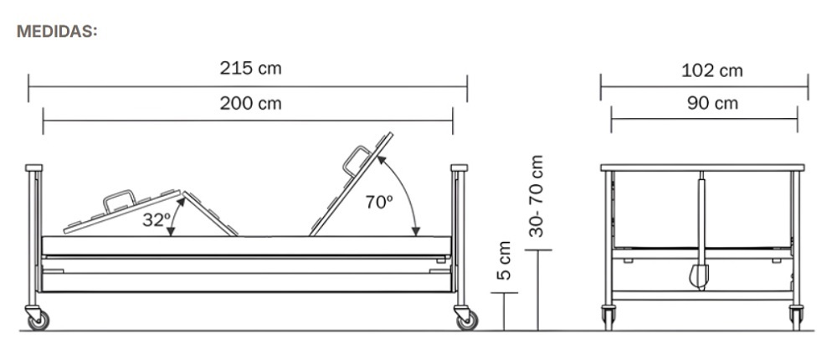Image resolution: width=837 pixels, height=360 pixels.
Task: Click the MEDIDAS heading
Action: point(57,32)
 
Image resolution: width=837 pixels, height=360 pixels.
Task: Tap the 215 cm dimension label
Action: point(250,69)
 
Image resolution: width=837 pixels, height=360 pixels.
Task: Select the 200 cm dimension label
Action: point(250,103)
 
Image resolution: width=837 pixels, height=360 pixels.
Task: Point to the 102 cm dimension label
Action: point(712,70)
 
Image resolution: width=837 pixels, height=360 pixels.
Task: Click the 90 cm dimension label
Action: point(712,103)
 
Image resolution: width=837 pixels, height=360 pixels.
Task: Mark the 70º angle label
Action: point(379,202)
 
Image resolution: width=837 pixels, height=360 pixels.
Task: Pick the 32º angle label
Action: point(156,219)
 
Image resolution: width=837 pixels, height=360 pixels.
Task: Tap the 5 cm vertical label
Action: point(504,260)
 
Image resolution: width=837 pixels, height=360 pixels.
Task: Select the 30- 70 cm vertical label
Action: point(536,196)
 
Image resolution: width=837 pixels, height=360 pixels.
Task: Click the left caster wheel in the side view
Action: point(38,320)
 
